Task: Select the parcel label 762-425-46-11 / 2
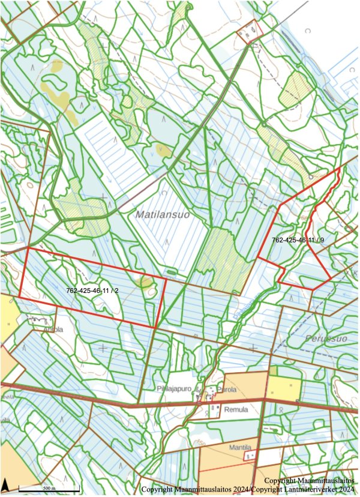click(x=93, y=291)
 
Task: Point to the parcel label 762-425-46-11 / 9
click(x=298, y=240)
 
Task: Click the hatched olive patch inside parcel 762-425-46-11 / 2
click(x=145, y=282)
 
